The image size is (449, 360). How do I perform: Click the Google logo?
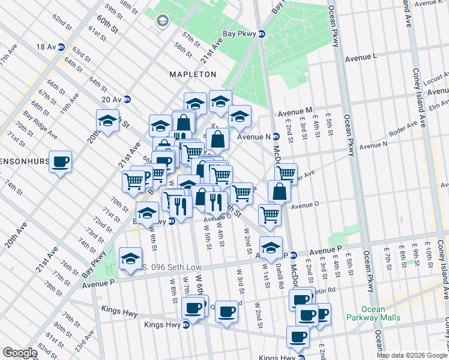click(x=20, y=353)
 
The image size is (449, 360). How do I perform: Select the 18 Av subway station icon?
click(x=62, y=47)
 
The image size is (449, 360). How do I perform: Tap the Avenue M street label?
click(x=295, y=112)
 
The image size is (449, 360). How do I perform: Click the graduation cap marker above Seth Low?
click(x=130, y=258)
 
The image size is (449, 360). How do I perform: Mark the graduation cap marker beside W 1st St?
click(x=271, y=247)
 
